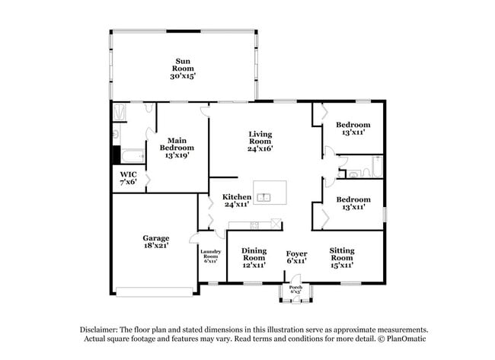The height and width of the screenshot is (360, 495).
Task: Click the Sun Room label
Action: click(183, 65)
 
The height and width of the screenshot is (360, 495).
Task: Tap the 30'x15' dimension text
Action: click(183, 76)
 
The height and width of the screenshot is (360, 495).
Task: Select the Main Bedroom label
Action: click(177, 144)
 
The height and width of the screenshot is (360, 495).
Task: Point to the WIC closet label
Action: click(129, 174)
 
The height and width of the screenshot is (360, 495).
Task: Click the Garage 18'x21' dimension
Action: click(156, 245)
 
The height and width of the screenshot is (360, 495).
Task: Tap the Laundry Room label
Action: click(210, 254)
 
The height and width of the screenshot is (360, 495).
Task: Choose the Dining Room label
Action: click(254, 254)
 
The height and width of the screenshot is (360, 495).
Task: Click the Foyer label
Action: click(296, 253)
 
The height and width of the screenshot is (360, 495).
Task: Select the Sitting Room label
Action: click(342, 254)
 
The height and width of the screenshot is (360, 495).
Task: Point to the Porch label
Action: click(295, 288)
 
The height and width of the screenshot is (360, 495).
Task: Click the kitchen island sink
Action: click(263, 198)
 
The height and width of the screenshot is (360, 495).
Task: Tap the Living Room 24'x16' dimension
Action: click(260, 148)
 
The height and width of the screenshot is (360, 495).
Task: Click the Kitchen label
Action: click(237, 197)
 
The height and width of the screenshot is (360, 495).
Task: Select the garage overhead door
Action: click(155, 292)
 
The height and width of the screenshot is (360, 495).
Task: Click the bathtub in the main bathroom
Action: click(133, 156)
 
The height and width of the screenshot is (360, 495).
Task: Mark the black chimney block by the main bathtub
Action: click(117, 155)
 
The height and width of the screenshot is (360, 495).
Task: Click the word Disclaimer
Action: click(99, 330)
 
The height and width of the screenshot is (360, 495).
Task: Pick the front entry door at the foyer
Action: click(295, 279)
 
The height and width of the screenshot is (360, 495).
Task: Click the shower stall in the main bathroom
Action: click(120, 112)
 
